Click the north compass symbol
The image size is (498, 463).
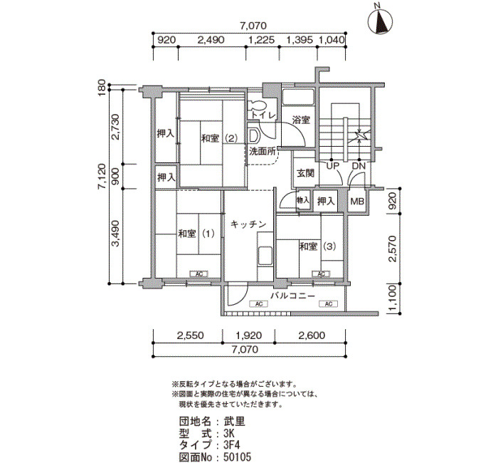381,21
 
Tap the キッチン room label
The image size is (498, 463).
248,224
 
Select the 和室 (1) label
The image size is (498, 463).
196,234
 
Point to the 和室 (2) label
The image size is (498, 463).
219,139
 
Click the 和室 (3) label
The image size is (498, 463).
317,246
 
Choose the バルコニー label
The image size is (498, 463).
293,296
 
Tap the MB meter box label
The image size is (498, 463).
357,202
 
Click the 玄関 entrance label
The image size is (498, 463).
305,173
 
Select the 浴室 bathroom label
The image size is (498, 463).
301,120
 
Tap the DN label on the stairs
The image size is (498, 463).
359,166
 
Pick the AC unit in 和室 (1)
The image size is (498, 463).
199,274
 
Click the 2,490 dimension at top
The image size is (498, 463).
211,40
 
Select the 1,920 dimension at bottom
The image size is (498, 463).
248,335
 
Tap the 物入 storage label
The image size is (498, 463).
303,200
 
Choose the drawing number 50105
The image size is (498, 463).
237,457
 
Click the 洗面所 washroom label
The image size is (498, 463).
263,151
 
